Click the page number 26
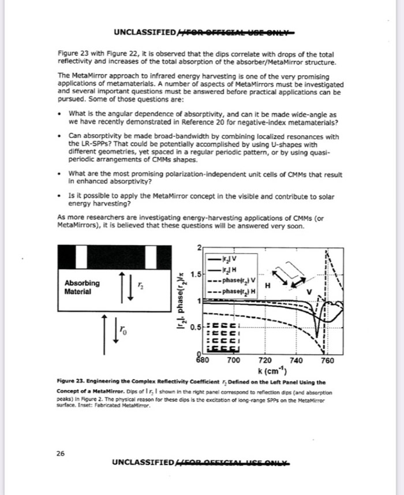point(61,453)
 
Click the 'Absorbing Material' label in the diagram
point(81,287)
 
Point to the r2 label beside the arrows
point(139,285)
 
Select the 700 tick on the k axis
point(233,360)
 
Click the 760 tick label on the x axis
point(327,360)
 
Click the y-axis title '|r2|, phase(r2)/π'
point(181,300)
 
